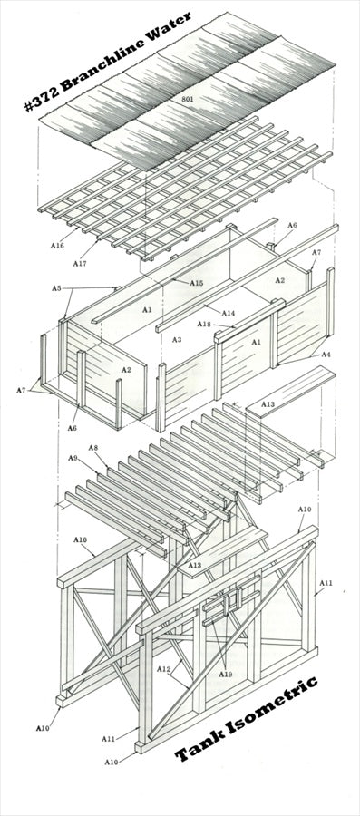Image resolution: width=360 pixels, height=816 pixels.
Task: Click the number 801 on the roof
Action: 187,99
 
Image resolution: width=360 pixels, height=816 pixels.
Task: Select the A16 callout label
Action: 57,245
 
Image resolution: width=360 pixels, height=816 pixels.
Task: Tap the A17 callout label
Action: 80,264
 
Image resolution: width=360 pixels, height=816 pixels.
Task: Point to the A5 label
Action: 57,287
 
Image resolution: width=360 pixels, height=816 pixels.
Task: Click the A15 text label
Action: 196,283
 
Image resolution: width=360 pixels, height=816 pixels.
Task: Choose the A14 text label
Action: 229,314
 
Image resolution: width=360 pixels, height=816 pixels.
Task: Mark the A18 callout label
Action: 204,325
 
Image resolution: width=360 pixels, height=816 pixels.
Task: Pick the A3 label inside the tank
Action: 177,340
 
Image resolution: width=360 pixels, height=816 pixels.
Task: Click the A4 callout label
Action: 326,355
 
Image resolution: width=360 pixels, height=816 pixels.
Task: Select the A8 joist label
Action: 93,448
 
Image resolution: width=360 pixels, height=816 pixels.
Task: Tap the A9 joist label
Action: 73,458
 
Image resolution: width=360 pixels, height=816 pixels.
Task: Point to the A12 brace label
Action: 163,669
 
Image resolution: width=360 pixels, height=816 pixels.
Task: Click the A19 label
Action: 225,675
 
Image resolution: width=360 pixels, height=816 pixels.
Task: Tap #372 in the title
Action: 41,98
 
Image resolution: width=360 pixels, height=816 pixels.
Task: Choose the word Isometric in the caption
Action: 271,706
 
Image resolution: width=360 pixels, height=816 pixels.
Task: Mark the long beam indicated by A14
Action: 248,278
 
